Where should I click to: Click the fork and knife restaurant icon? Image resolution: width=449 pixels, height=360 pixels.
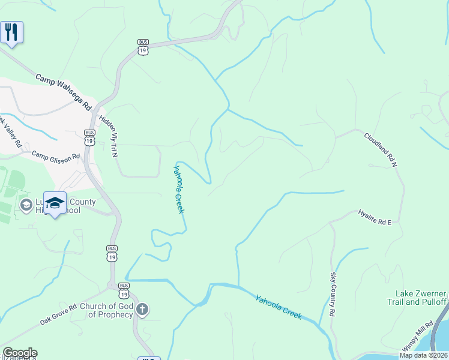pyautogui.click(x=11, y=32)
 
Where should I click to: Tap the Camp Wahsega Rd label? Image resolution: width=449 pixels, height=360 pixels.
pyautogui.click(x=62, y=91)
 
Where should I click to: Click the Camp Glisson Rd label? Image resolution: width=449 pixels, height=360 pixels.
pyautogui.click(x=56, y=156)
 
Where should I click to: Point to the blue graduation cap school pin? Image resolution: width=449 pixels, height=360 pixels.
pyautogui.click(x=55, y=203)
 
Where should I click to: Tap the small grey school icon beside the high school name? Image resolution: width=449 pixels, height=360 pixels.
pyautogui.click(x=26, y=206)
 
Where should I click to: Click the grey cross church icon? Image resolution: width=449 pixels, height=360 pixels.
pyautogui.click(x=142, y=310)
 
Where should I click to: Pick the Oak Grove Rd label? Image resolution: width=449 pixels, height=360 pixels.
pyautogui.click(x=59, y=314)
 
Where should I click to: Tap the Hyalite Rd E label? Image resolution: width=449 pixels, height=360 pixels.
pyautogui.click(x=375, y=217)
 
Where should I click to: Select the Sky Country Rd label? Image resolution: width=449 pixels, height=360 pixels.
pyautogui.click(x=333, y=294)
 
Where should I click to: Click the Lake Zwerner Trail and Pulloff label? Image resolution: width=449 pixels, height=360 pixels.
pyautogui.click(x=421, y=298)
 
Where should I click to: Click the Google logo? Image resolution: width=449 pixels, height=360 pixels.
pyautogui.click(x=20, y=353)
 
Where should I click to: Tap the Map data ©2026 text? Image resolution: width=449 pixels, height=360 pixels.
pyautogui.click(x=423, y=355)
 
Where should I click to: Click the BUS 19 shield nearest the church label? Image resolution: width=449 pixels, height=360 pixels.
pyautogui.click(x=124, y=290)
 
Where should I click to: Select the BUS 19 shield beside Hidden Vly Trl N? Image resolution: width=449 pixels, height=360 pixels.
pyautogui.click(x=89, y=137)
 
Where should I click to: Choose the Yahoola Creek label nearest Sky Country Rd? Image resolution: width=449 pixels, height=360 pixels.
pyautogui.click(x=279, y=307)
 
